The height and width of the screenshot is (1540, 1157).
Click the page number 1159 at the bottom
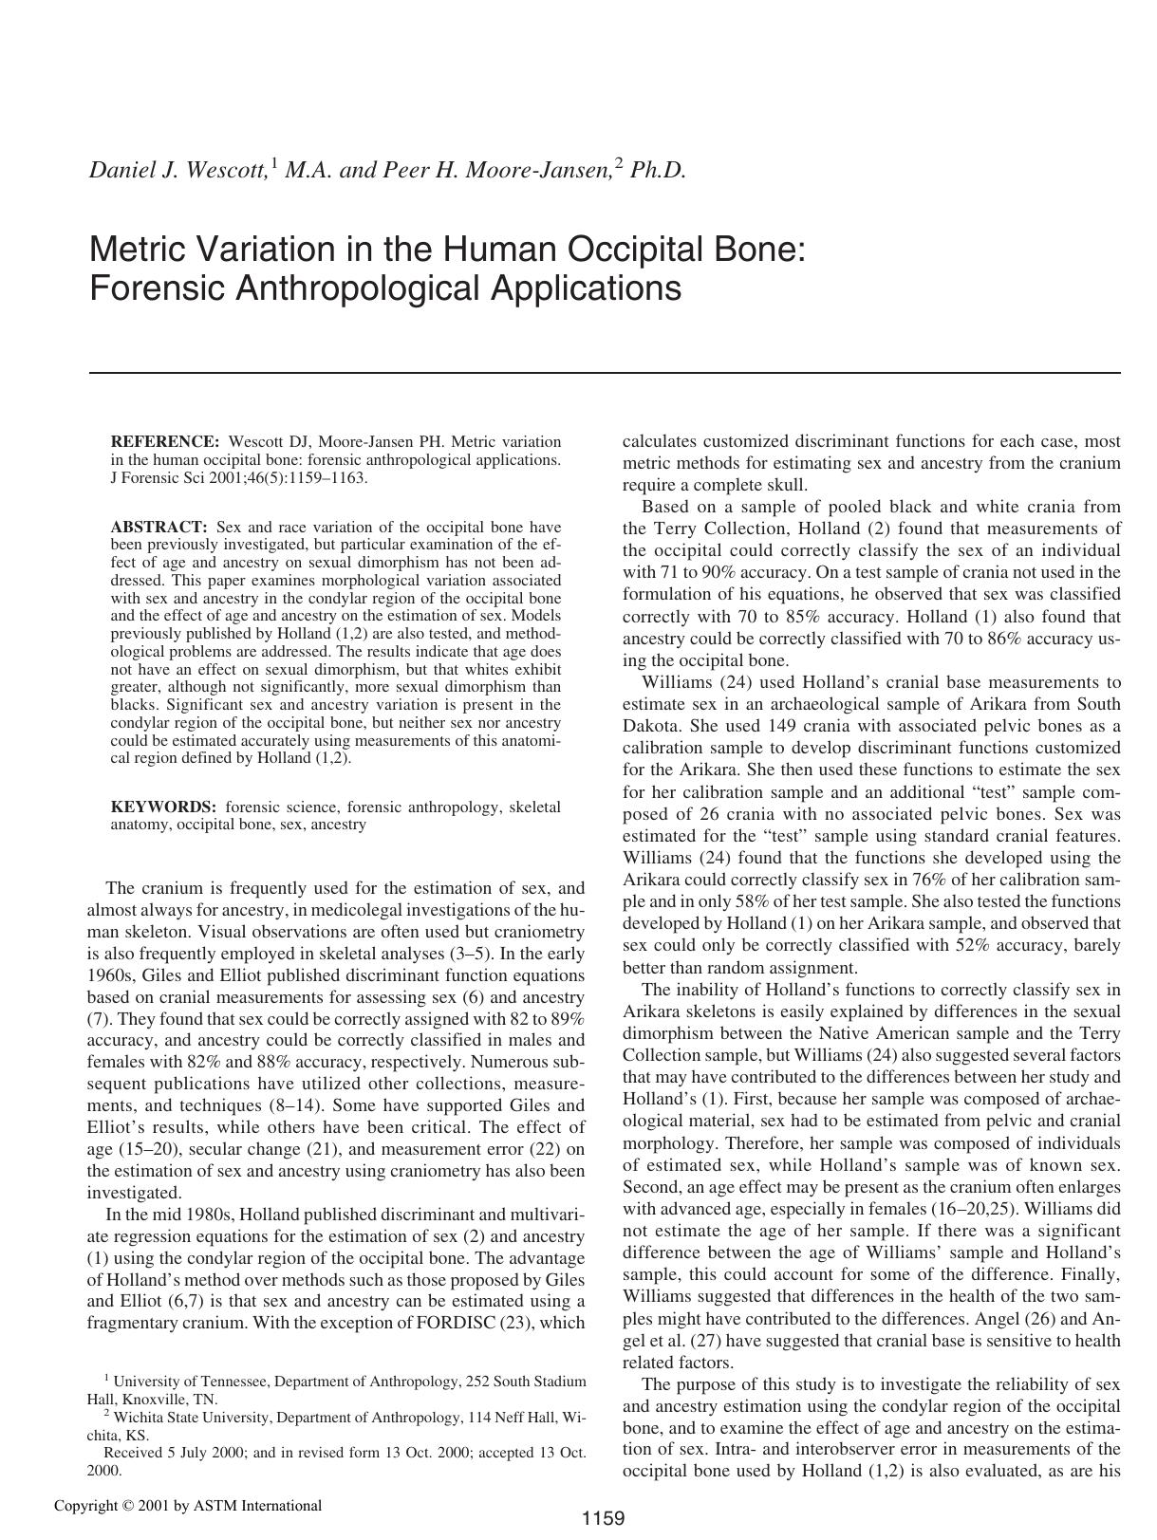[603, 1518]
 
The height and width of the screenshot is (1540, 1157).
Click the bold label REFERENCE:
[165, 441]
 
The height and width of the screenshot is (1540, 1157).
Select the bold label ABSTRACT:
[159, 527]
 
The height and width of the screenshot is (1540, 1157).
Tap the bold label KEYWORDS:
[163, 807]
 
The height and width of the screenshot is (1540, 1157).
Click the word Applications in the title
[586, 287]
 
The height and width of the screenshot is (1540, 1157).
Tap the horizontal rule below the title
[605, 373]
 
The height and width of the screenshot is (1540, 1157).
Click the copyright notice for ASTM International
[188, 1505]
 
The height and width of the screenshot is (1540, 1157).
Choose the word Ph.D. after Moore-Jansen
[658, 170]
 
